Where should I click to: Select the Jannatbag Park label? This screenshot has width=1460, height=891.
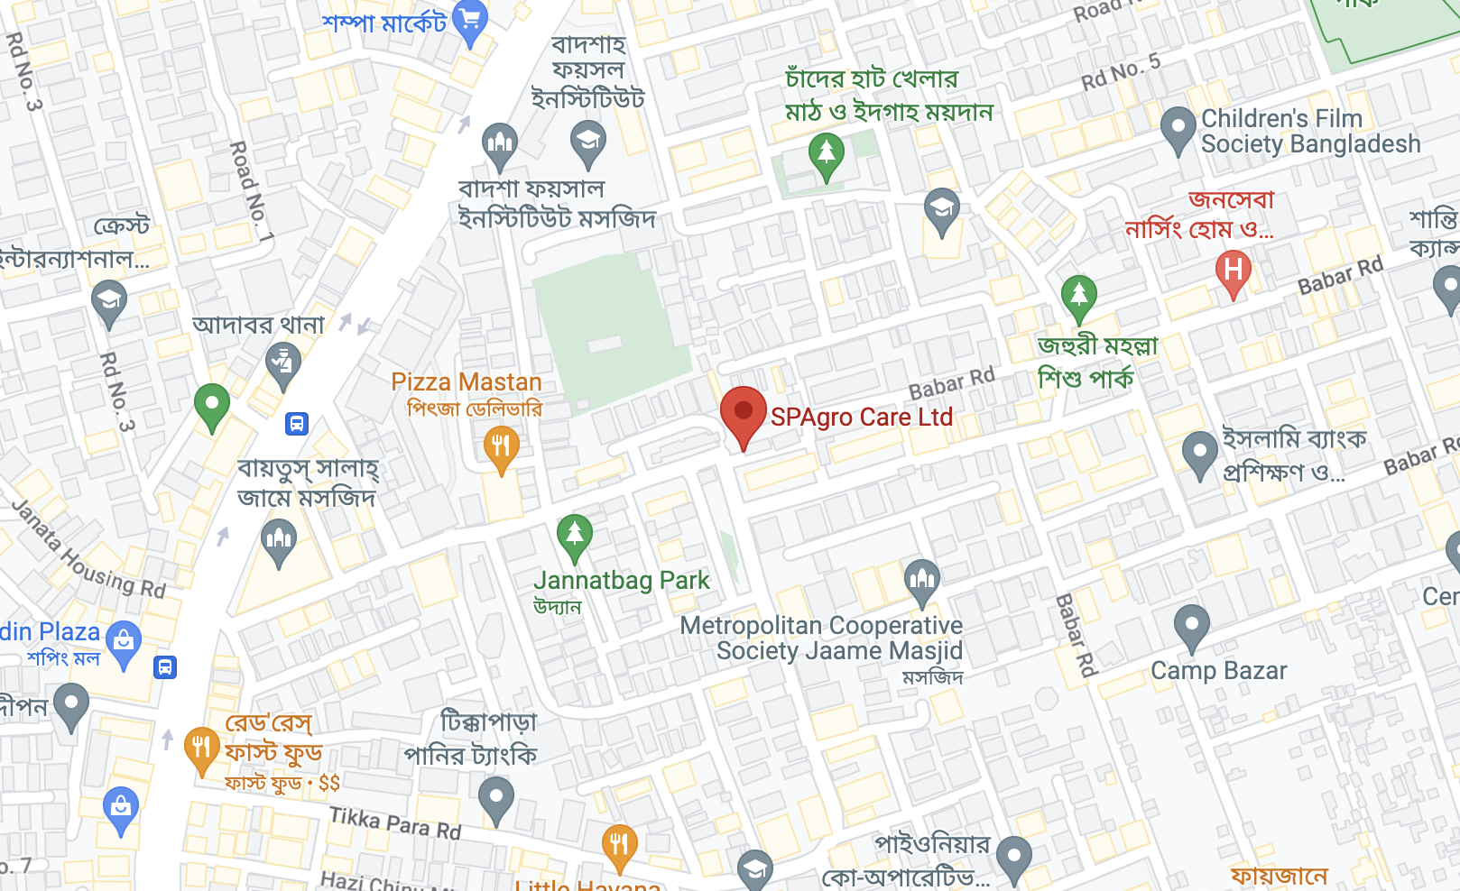(x=621, y=581)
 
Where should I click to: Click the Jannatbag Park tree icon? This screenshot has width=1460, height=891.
(x=574, y=537)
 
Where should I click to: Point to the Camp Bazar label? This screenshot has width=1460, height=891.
(x=1218, y=671)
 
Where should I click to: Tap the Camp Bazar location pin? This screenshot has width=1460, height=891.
(x=1191, y=626)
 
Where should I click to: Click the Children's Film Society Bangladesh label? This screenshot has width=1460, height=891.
(x=1309, y=132)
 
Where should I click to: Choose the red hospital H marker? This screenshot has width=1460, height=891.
(x=1233, y=271)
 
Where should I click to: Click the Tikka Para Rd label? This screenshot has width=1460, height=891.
(x=395, y=822)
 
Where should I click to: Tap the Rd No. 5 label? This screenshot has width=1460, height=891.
(x=1121, y=72)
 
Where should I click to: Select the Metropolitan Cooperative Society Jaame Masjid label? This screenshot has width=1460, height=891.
(x=822, y=638)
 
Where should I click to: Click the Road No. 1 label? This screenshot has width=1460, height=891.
(x=252, y=191)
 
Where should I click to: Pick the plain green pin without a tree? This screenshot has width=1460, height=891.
(x=211, y=405)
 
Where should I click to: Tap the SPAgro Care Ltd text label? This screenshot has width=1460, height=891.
(x=861, y=418)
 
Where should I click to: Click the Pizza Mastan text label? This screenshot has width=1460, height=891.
(x=466, y=382)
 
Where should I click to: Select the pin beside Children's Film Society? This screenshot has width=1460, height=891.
(x=1178, y=129)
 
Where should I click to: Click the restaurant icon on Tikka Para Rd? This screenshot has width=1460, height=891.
(x=619, y=846)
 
